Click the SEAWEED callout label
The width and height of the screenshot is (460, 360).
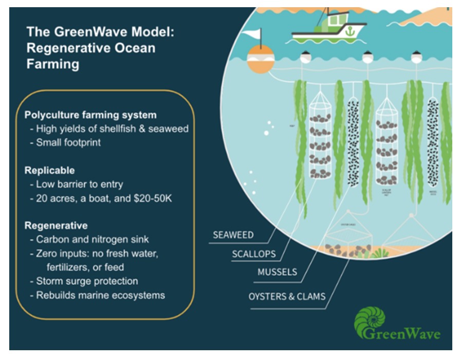(234, 236)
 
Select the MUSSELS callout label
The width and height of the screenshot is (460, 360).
(278, 272)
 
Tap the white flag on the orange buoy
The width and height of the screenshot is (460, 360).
(252, 35)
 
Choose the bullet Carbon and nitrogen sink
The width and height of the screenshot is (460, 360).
(91, 240)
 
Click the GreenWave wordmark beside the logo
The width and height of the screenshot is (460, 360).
(409, 334)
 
